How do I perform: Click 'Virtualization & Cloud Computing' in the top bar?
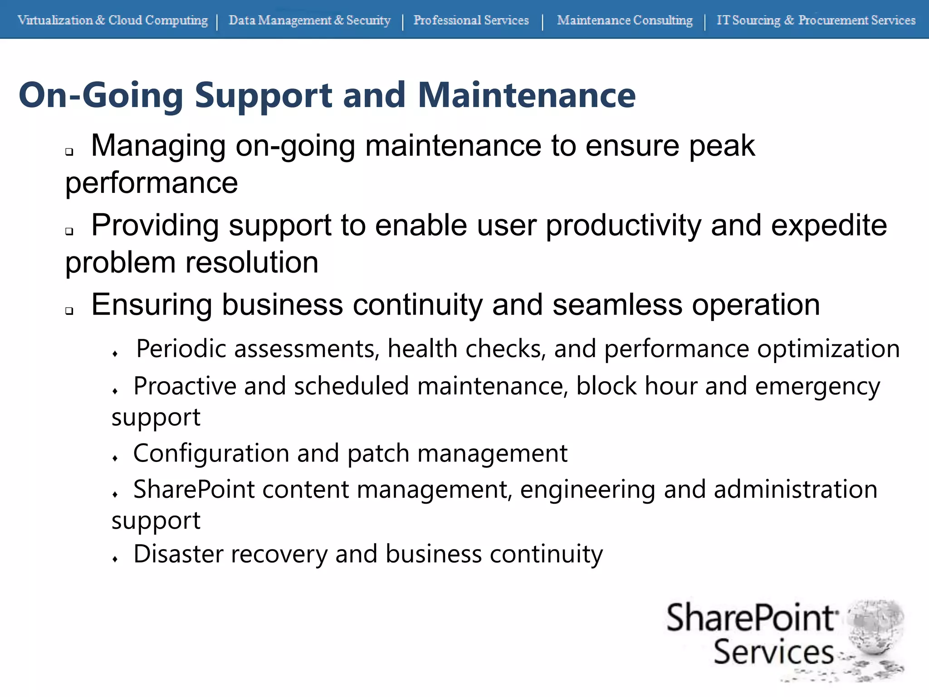pos(112,20)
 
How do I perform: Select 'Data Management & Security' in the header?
pos(309,20)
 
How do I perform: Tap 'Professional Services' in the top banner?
pos(471,20)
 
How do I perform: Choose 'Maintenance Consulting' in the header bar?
pos(625,20)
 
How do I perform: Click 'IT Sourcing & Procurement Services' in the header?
pos(816,20)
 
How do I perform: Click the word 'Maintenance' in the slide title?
pos(526,95)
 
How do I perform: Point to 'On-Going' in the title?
pos(101,95)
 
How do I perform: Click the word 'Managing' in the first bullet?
pos(158,146)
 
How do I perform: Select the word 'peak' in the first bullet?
pos(722,146)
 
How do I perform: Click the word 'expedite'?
pos(829,226)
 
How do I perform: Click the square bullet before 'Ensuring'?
pos(69,311)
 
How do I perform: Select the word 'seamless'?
pos(617,305)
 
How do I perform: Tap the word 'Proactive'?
pos(184,386)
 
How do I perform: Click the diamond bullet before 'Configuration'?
pos(115,458)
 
